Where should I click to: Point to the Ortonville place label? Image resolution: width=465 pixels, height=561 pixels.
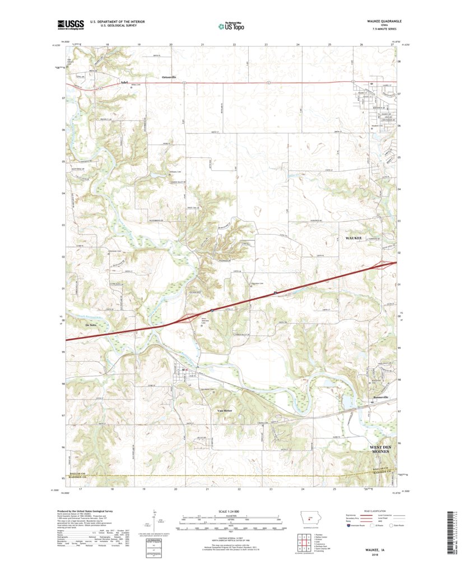click(x=169, y=76)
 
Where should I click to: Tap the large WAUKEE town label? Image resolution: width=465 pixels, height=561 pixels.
click(x=354, y=238)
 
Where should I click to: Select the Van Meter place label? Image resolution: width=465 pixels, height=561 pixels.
click(x=224, y=410)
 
